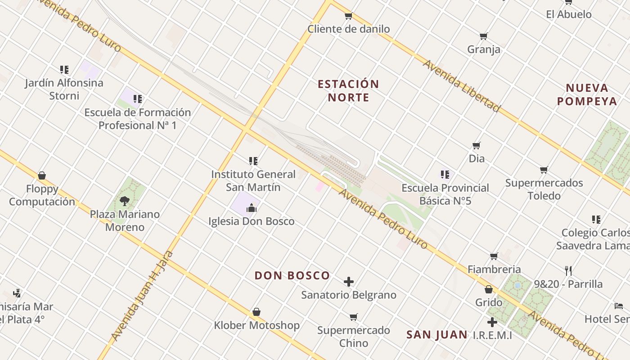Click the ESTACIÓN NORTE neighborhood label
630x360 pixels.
coord(348,90)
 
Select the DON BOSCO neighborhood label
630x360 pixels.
coord(292,275)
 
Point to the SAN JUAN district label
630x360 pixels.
coord(437,334)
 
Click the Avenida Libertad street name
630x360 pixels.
coord(461,86)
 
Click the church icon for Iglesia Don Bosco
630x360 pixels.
coord(251,208)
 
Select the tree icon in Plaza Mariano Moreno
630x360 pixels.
coord(125,201)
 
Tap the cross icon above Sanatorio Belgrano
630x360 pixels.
coord(349,282)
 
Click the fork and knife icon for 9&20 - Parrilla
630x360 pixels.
coord(568,271)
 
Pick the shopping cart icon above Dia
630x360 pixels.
coord(477,145)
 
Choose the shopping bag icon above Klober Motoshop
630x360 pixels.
coord(256,312)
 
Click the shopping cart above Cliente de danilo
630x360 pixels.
coord(348,16)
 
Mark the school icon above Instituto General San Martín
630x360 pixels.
coord(253,161)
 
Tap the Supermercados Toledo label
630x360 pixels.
coord(544,189)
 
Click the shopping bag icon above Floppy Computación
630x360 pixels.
coord(42,175)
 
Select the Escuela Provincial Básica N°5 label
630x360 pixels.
coord(445,194)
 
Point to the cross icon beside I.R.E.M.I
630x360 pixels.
coord(492,322)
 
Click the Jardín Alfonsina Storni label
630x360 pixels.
coord(64,89)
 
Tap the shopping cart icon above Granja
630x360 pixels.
coord(484,36)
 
